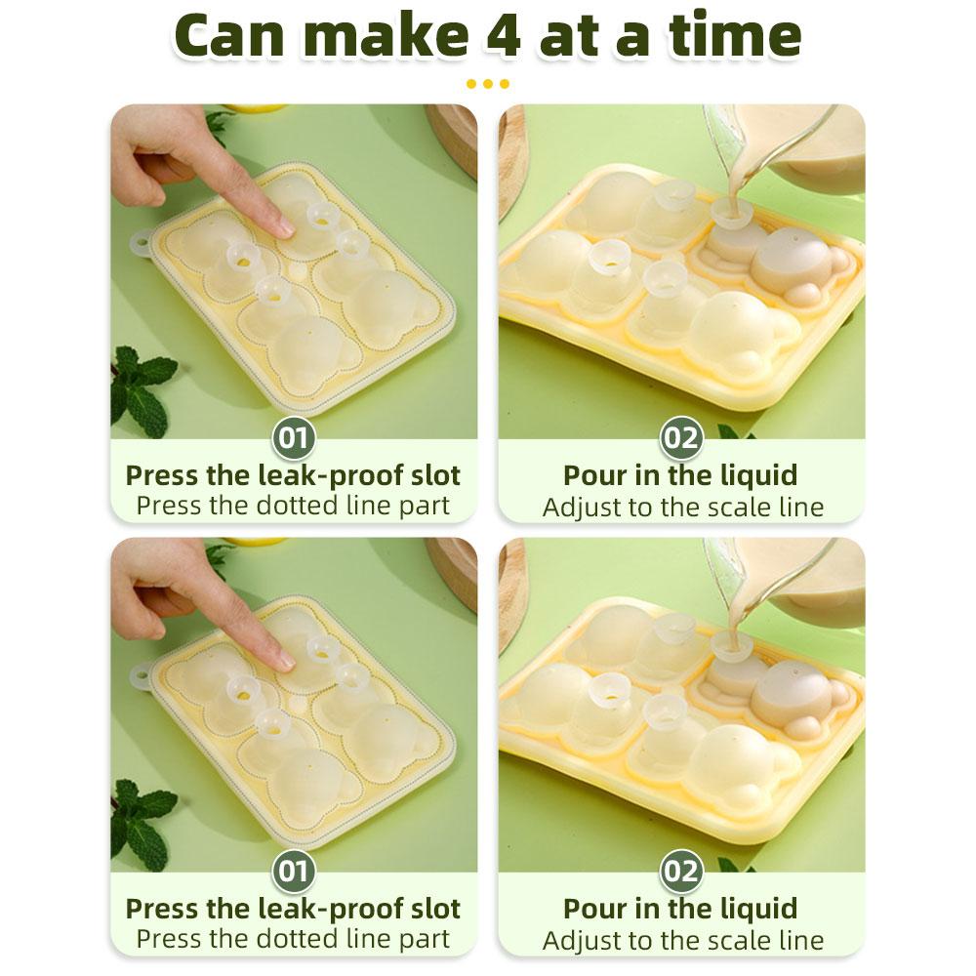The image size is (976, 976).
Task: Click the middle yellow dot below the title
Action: click(x=488, y=84)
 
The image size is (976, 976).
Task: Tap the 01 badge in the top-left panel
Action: click(x=293, y=437)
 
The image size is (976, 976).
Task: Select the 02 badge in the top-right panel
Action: click(x=681, y=437)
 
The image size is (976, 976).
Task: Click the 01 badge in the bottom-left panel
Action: click(x=293, y=871)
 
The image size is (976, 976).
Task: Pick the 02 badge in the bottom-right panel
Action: click(x=681, y=871)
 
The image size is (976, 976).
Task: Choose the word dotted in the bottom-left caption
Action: click(x=298, y=939)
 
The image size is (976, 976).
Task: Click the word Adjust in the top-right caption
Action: click(x=583, y=508)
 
